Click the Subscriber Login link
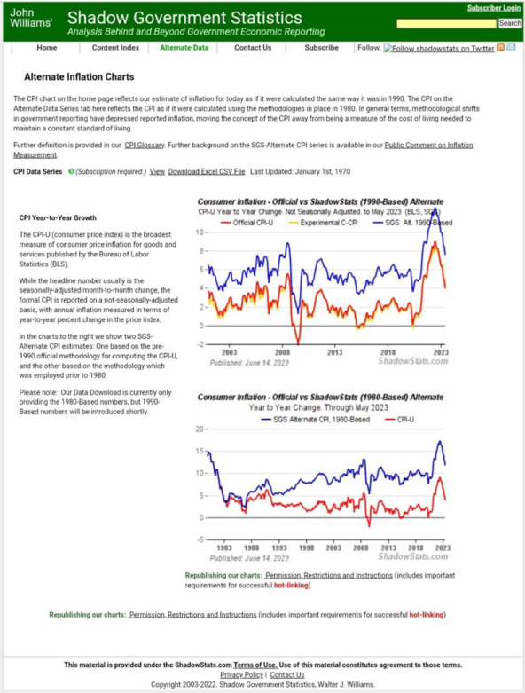coord(494,8)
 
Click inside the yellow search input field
coord(446,23)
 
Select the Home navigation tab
coord(47,48)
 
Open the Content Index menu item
coord(115,48)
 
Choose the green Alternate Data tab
coord(184,48)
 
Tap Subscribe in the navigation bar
coord(321,48)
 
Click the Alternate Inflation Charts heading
coord(79,77)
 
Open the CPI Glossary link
coord(144,145)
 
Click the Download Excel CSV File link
coord(207,170)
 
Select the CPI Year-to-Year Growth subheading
coord(58,217)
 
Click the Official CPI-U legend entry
coord(250,223)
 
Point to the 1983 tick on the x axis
coord(224,549)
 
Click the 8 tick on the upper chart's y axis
coord(201,251)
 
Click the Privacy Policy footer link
coord(241,675)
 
